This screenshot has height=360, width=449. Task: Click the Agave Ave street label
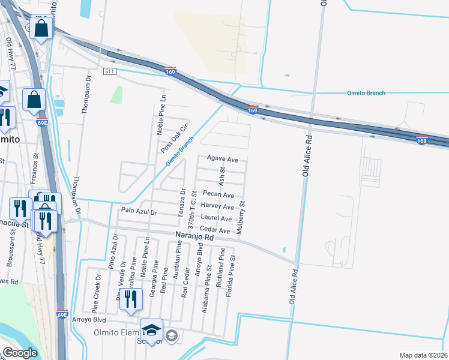223,160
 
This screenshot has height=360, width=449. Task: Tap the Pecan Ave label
218,195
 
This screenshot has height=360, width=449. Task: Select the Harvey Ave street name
218,207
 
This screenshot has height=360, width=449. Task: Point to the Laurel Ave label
217,219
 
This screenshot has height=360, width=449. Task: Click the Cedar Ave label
215,230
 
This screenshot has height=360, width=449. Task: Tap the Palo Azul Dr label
139,212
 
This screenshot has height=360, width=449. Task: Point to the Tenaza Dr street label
181,203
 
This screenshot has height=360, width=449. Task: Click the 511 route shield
109,71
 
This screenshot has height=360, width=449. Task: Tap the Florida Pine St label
230,277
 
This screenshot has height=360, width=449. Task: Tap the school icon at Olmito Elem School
151,330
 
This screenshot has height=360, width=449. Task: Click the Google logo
20,353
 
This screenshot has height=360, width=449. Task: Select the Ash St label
222,176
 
